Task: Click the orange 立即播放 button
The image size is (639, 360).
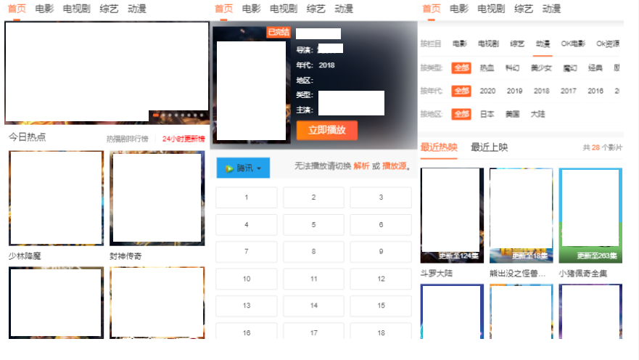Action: tap(326, 130)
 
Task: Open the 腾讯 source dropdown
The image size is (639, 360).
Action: tap(243, 168)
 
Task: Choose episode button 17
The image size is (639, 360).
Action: tap(313, 333)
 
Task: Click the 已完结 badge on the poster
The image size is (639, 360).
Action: tap(279, 32)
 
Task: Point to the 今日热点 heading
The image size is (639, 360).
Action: tap(27, 137)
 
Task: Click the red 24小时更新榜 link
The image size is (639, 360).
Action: tap(184, 139)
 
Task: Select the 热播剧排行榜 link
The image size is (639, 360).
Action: tap(127, 139)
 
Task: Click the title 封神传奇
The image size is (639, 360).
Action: tap(126, 256)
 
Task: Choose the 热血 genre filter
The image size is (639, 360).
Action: tap(487, 67)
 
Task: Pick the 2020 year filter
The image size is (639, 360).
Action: tap(487, 91)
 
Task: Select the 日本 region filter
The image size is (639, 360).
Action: tap(487, 114)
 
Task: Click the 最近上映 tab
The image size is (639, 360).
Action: tap(489, 147)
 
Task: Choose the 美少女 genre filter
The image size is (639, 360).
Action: tap(541, 67)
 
